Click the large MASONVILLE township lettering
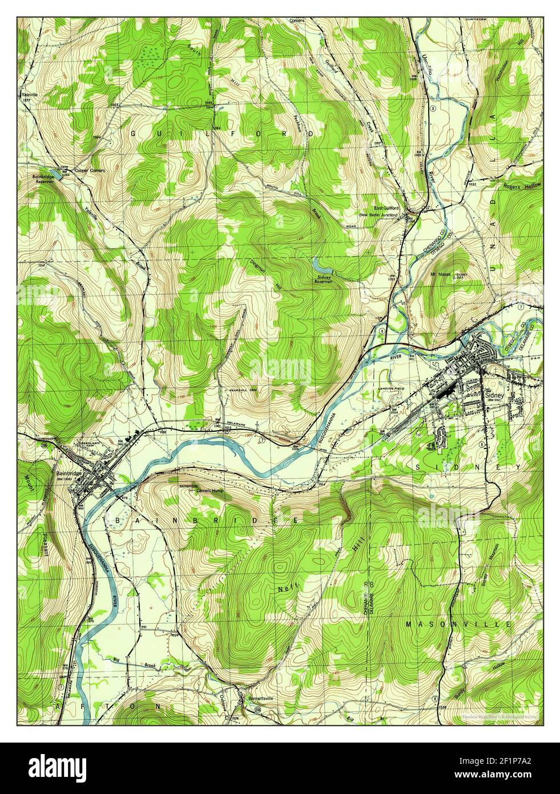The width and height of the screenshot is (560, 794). (x=458, y=625)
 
